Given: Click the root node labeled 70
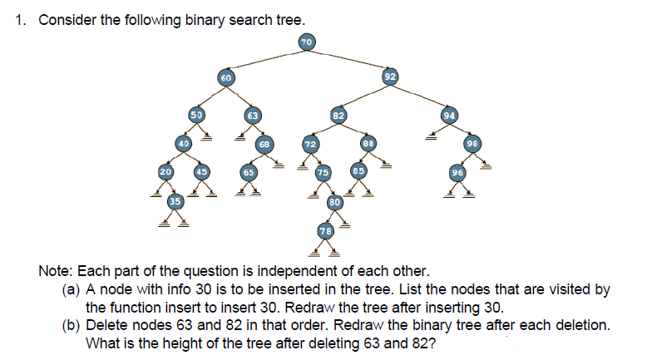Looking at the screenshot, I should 306,41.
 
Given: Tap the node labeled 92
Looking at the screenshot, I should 390,77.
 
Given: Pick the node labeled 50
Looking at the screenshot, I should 196,114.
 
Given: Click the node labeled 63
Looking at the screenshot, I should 254,114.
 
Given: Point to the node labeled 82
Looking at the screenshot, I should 338,114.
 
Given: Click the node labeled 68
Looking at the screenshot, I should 264,144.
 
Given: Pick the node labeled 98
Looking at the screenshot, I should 472,144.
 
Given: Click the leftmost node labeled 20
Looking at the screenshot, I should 165,172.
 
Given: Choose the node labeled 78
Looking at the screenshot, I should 325,230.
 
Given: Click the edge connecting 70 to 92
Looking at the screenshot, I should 349,59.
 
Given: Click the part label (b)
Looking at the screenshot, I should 72,325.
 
